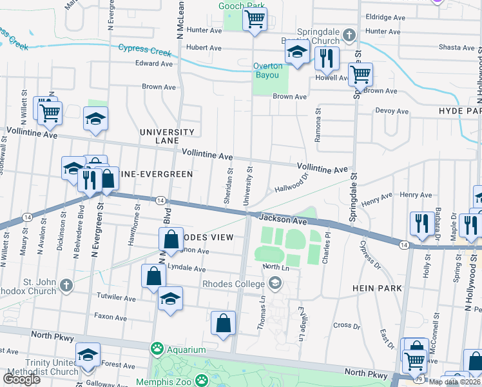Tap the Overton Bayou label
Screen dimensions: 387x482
pyautogui.click(x=267, y=70)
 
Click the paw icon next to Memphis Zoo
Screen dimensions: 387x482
pyautogui.click(x=202, y=380)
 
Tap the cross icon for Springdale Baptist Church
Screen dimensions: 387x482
pyautogui.click(x=349, y=34)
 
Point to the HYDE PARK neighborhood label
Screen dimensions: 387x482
pyautogui.click(x=460, y=111)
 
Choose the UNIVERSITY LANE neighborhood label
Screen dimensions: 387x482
pyautogui.click(x=168, y=136)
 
